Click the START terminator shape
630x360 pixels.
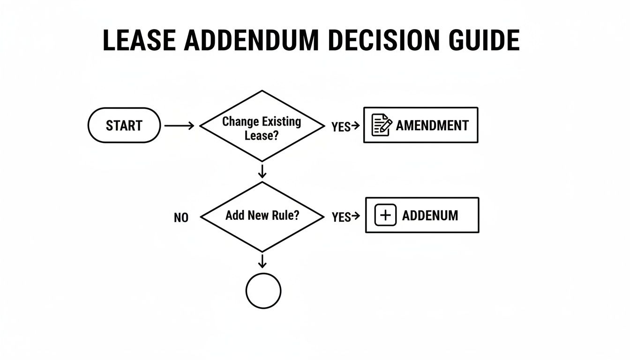click(x=124, y=126)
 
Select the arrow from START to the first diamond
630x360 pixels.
click(x=180, y=126)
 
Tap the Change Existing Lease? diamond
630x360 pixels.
click(x=262, y=126)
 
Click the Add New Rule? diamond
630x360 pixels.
click(x=262, y=217)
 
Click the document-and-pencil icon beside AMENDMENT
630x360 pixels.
click(x=382, y=125)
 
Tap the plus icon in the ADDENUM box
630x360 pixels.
click(x=385, y=216)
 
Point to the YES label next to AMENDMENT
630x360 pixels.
click(x=341, y=127)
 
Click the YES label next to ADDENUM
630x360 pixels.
click(x=341, y=217)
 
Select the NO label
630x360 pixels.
click(x=181, y=218)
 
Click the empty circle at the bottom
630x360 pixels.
click(x=263, y=291)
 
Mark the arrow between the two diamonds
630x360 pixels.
click(x=262, y=172)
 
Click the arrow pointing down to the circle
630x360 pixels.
click(x=262, y=261)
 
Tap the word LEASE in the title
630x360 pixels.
click(x=139, y=40)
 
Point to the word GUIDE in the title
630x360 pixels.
click(x=485, y=40)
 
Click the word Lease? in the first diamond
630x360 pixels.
click(x=261, y=135)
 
